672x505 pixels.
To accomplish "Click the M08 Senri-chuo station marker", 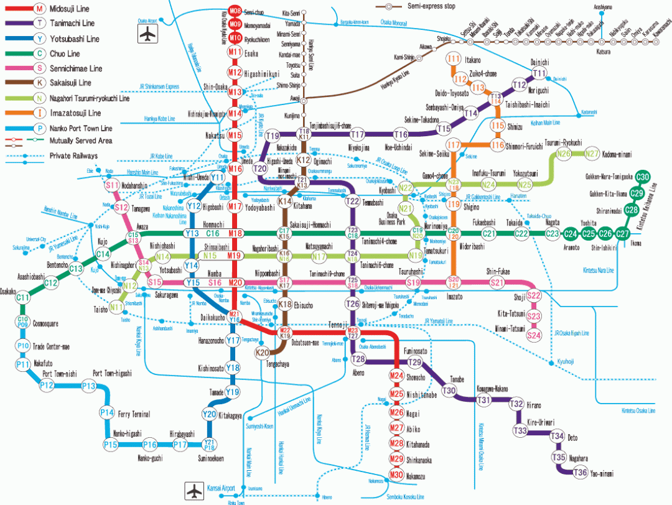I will coord(235,12).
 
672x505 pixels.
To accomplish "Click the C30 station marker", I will coord(643,177).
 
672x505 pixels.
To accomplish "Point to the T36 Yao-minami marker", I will coord(580,473).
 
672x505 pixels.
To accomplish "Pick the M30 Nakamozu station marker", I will coord(397,475).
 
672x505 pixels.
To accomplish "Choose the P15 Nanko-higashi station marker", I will coord(111,445).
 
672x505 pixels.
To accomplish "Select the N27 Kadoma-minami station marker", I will coord(592,154).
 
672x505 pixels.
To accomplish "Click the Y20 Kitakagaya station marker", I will coord(209,414).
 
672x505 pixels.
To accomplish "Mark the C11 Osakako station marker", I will coord(23,298).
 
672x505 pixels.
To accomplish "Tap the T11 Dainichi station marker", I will coord(539,74).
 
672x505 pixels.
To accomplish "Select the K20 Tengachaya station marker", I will coord(263,353).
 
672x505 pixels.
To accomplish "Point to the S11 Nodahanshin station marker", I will coord(112,185).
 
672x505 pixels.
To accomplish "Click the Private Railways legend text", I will coord(73,155).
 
